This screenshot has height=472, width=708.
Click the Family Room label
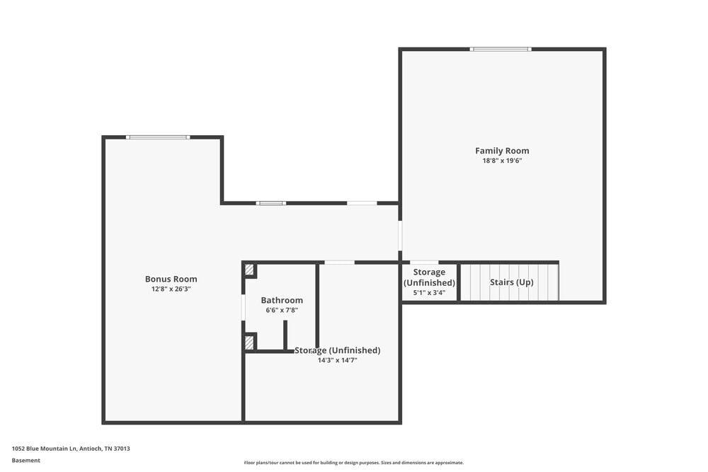502,151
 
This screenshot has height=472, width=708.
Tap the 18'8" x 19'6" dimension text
502,161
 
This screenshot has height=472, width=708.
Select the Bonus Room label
171,279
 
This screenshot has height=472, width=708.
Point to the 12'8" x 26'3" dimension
171,289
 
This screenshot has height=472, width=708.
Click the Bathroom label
282,300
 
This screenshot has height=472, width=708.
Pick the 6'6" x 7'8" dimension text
282,311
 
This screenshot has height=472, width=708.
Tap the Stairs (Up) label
512,282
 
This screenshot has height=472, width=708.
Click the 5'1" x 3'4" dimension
429,293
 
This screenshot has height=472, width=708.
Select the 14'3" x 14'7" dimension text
337,360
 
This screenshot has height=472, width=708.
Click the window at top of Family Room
501,49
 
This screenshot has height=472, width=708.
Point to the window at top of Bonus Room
158,137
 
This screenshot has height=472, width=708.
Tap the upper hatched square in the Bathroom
249,270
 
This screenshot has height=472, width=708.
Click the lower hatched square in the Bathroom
249,343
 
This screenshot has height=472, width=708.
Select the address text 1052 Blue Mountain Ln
71,448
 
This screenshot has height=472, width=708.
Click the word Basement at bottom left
26,461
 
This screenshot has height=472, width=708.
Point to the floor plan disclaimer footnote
354,463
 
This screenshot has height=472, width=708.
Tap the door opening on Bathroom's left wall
243,307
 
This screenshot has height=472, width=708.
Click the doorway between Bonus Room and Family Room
400,236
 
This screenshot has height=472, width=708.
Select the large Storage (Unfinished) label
338,350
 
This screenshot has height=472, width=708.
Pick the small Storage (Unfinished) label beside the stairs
429,277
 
